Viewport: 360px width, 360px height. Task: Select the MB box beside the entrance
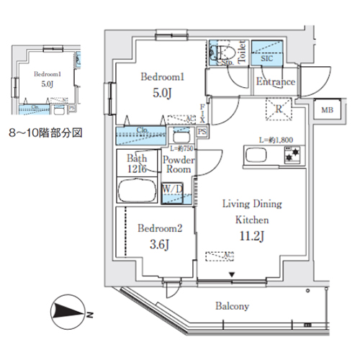click(327, 109)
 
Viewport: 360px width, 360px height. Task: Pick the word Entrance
click(276, 82)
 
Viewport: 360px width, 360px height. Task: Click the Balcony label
click(232, 306)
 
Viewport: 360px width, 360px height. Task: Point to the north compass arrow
click(68, 312)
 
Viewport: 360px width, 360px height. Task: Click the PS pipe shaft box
click(202, 132)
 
